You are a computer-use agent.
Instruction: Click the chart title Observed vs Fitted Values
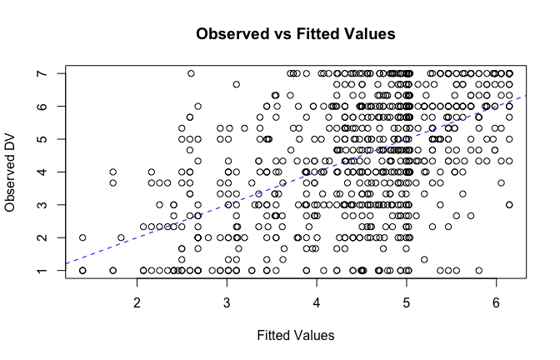(294, 34)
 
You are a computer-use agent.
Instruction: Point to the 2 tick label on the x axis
(137, 300)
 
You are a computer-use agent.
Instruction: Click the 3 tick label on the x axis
(227, 300)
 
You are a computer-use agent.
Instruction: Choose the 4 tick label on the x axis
(317, 300)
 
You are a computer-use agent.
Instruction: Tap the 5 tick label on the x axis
(407, 300)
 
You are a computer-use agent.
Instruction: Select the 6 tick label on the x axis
(497, 300)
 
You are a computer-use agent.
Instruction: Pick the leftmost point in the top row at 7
(191, 73)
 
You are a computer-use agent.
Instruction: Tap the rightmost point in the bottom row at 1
(479, 270)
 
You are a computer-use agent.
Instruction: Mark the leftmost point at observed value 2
(82, 237)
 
